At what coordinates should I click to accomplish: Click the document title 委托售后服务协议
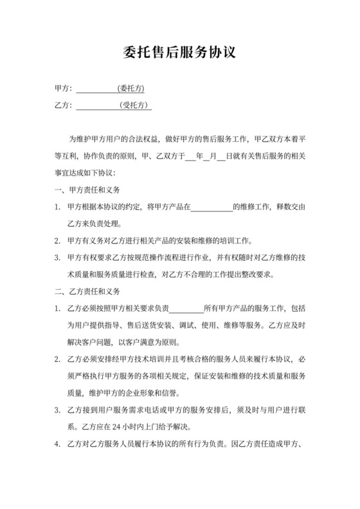tap(179, 52)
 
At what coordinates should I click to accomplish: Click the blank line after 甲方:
tap(96, 89)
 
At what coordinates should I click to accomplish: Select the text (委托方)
tap(131, 88)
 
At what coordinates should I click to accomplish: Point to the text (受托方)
tap(136, 105)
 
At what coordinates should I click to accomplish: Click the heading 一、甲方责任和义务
tap(88, 190)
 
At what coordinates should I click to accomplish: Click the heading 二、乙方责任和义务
tap(88, 292)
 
